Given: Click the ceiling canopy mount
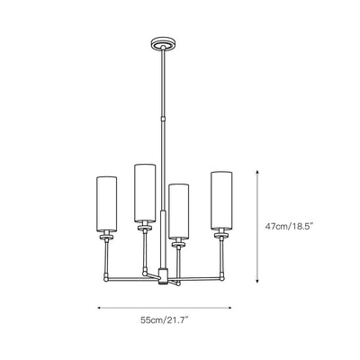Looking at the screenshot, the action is pos(163,43).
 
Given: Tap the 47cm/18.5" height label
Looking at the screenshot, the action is pos(289,226).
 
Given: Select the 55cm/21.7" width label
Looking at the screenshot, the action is pos(165,320).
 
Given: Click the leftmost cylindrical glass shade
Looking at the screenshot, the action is pos(106,204).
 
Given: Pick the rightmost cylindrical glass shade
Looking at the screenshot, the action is pos(221,201).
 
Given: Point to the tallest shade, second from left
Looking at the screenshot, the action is pos(145,193).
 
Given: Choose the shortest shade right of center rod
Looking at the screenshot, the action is pos(179,211).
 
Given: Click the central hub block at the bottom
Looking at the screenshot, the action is pos(163,276).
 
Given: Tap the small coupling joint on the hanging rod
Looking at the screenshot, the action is pos(163,119).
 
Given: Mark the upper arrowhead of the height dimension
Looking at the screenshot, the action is pos(257,172).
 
